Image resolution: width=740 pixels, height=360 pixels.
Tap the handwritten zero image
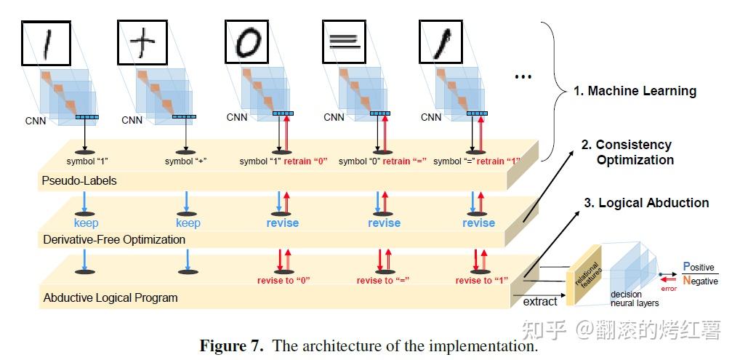point(246,42)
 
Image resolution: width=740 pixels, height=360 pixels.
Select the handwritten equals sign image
point(344,42)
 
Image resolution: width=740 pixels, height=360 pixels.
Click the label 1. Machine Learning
point(634,91)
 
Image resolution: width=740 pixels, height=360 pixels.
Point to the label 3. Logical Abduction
point(646,203)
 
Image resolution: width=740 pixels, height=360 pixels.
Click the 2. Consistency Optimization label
point(629,152)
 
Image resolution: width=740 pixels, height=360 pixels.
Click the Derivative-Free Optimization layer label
point(114,239)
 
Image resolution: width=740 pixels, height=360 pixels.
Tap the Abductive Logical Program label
point(110,297)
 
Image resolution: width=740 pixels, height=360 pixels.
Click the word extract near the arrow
point(539,301)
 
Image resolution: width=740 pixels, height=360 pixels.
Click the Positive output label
point(699,267)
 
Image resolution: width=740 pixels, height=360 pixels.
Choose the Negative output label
point(699,281)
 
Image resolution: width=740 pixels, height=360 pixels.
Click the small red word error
point(668,289)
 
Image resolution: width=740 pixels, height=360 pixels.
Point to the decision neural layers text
point(634,299)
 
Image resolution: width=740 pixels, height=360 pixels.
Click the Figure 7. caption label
point(231,346)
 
